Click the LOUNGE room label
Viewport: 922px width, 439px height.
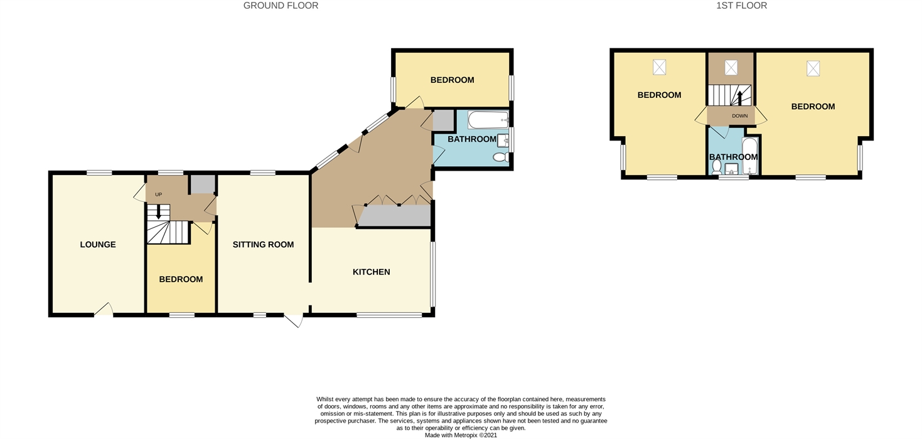point(98,245)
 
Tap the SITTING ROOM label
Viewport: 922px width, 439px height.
point(264,245)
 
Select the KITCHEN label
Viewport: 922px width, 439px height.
point(372,272)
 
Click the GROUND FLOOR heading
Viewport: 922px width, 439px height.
point(281,6)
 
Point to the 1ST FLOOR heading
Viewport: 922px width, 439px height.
point(742,6)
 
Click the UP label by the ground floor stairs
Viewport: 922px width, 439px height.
point(158,194)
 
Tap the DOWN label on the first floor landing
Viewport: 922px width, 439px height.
point(739,116)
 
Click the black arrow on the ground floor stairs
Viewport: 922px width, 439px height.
point(158,211)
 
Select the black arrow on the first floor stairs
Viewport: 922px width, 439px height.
point(739,98)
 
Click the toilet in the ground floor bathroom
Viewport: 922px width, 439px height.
point(500,157)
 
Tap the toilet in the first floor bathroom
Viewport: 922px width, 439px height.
point(717,168)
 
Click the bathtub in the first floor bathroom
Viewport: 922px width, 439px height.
point(750,156)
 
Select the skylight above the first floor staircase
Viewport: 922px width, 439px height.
point(731,68)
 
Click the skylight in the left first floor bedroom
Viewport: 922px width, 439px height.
point(660,67)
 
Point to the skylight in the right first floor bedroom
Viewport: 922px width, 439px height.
point(813,68)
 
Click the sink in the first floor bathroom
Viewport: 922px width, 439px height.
point(731,169)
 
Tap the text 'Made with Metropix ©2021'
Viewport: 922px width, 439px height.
point(461,435)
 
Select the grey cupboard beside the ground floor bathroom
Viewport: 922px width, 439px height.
point(443,120)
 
